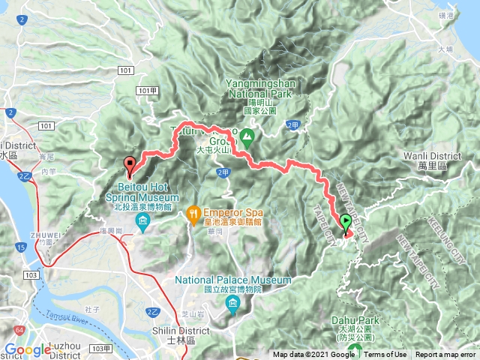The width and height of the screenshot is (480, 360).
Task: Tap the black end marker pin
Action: click(129, 163)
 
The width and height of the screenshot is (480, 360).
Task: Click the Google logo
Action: click(28, 349)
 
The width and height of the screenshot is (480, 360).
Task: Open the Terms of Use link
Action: click(385, 355)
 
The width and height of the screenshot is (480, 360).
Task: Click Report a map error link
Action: click(447, 355)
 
